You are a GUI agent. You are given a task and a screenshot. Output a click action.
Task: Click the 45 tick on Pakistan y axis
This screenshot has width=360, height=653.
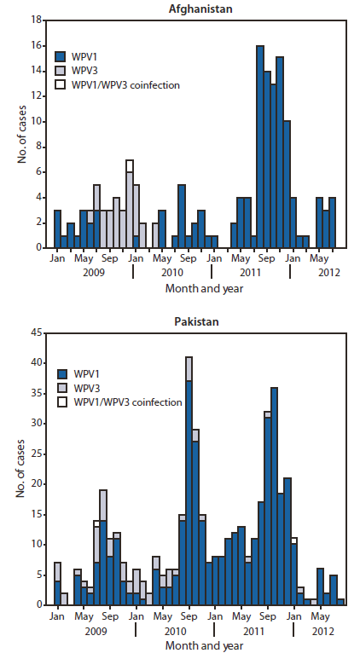(x=38, y=332)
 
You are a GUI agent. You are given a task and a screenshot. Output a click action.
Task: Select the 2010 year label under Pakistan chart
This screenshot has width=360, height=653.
(x=175, y=632)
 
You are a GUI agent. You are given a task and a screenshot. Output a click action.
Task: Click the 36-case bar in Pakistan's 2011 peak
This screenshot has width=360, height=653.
(x=273, y=503)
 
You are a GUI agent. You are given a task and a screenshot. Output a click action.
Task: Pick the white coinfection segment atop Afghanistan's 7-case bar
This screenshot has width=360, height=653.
(x=130, y=165)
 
